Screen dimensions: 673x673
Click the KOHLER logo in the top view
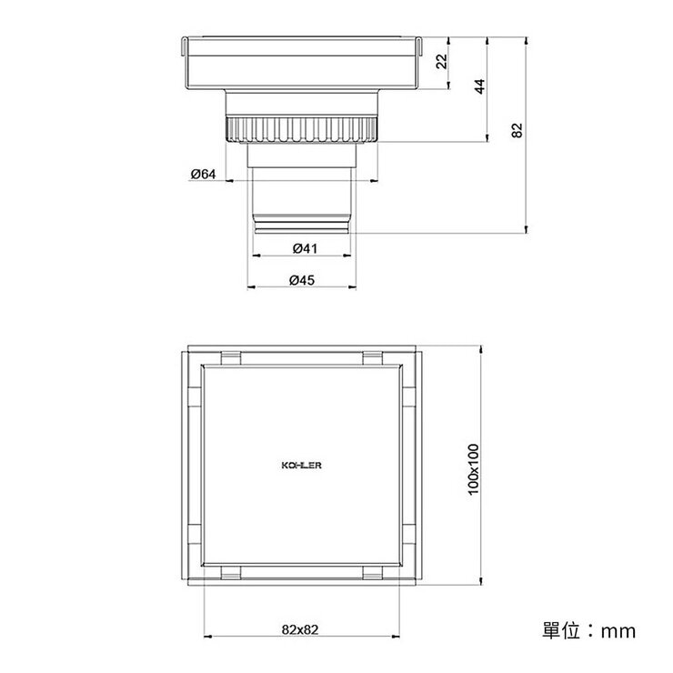coord(300,465)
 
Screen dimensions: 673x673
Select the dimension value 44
coord(480,86)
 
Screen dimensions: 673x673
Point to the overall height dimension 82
coord(517,130)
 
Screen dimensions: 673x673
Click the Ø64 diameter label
coord(202,175)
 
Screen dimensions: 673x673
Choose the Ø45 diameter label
coord(301,280)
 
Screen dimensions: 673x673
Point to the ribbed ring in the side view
coord(301,129)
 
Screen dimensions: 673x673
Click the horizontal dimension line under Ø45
coord(301,289)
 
